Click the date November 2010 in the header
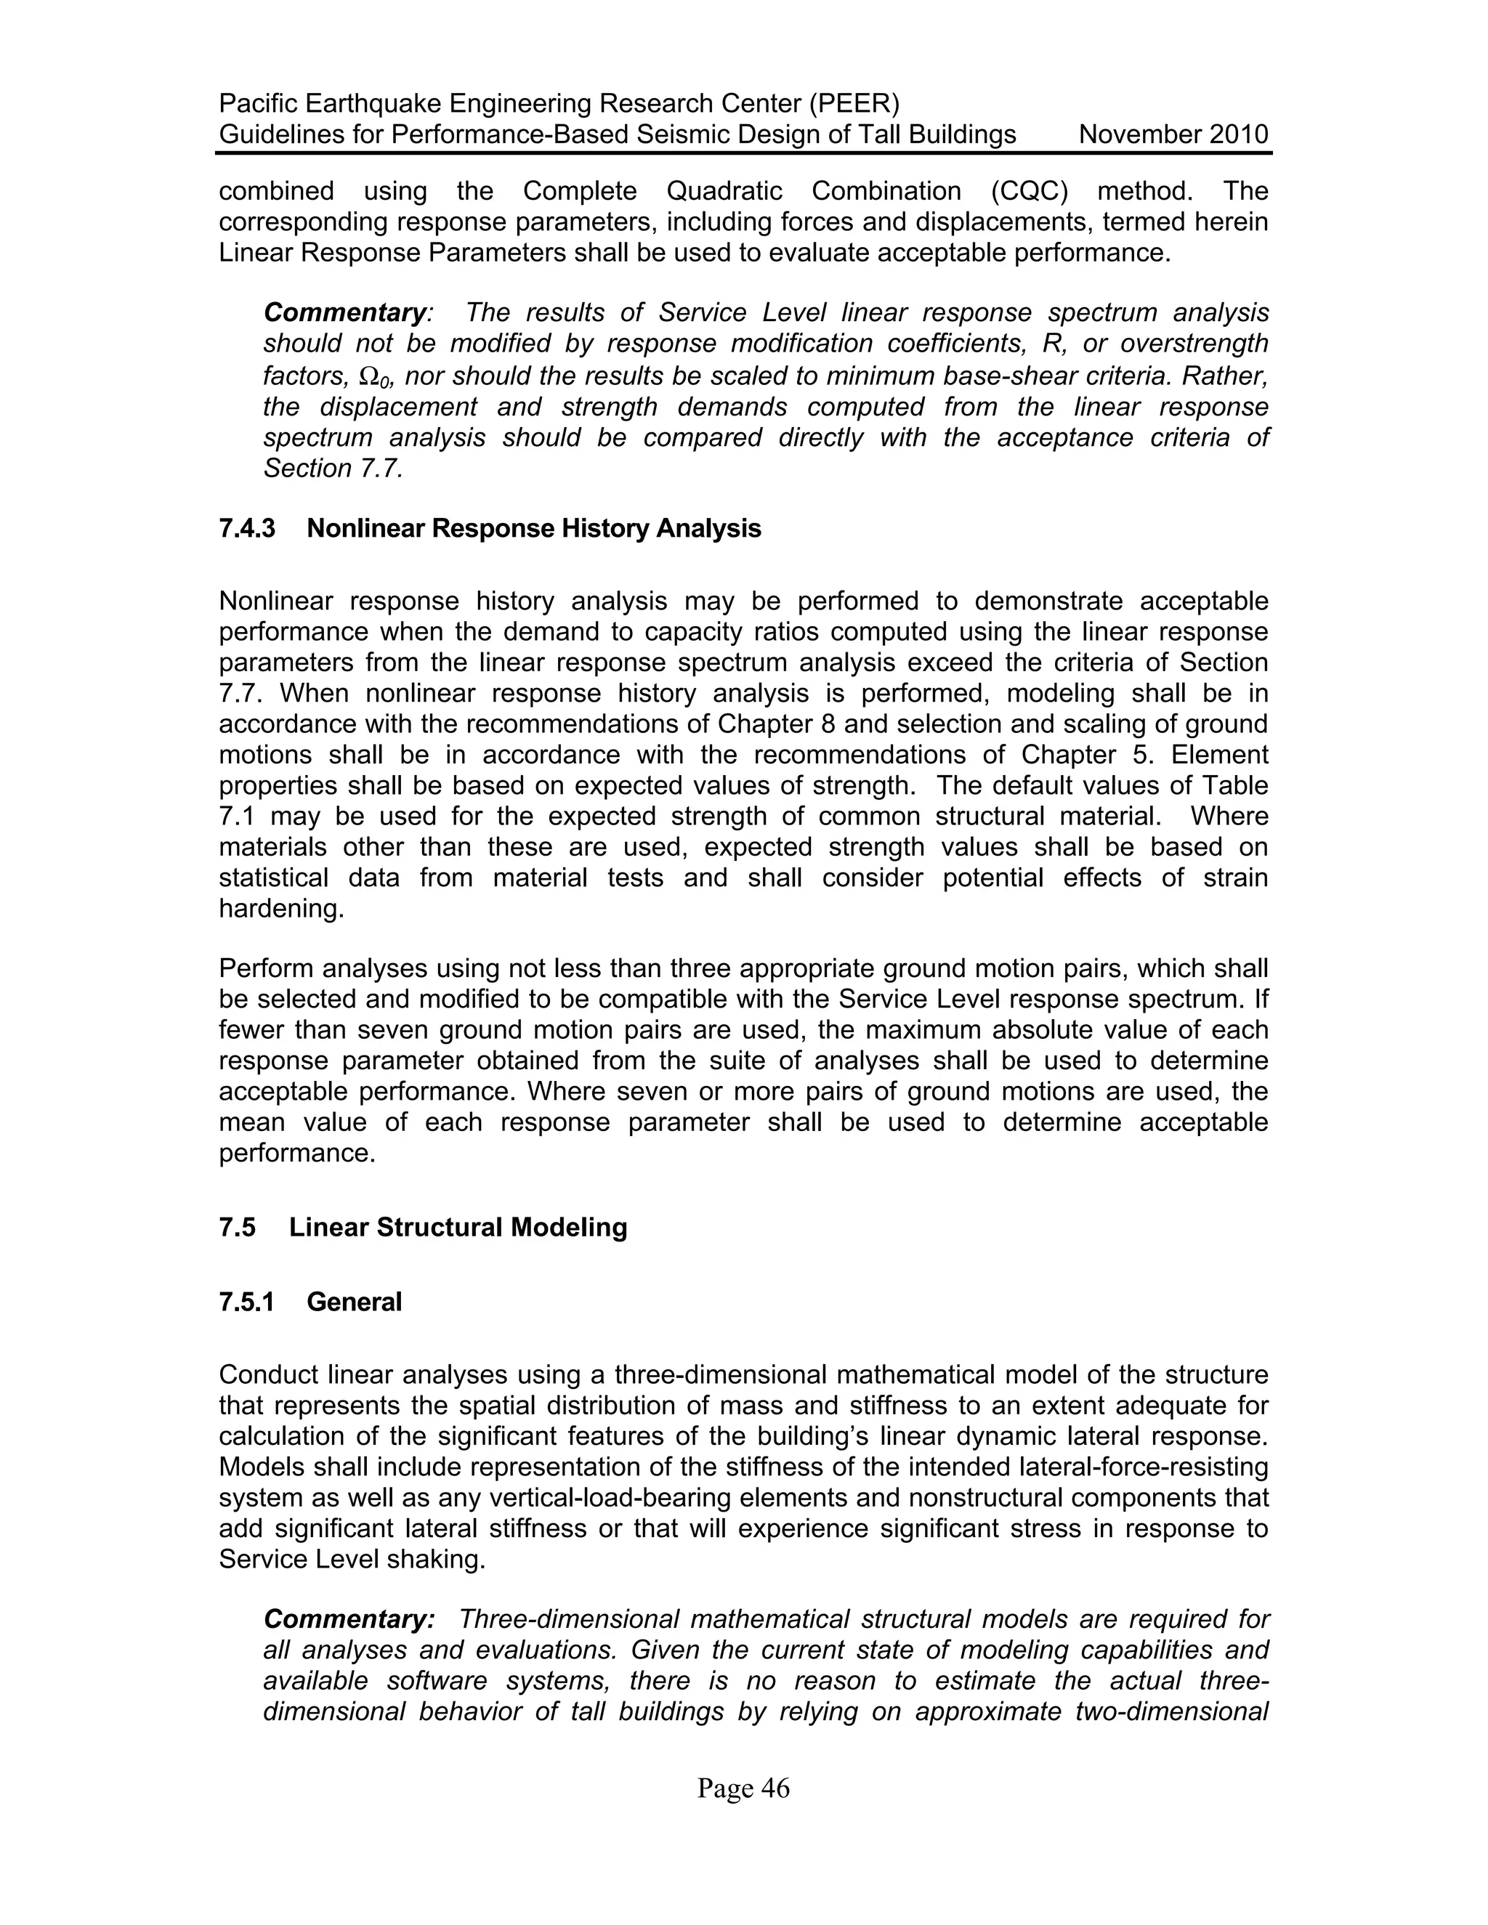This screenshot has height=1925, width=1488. (x=1173, y=135)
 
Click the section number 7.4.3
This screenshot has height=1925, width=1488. (x=247, y=529)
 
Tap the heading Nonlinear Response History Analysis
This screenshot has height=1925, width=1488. (x=533, y=529)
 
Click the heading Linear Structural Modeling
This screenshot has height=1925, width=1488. (x=458, y=1228)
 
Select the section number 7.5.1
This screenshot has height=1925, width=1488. (x=247, y=1302)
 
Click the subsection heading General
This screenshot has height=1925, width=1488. (x=354, y=1302)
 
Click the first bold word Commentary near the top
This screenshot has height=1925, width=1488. (x=344, y=313)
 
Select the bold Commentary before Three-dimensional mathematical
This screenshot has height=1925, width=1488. (x=348, y=1619)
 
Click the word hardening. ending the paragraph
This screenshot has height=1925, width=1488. (x=281, y=909)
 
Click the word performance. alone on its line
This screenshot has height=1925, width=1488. (x=297, y=1153)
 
